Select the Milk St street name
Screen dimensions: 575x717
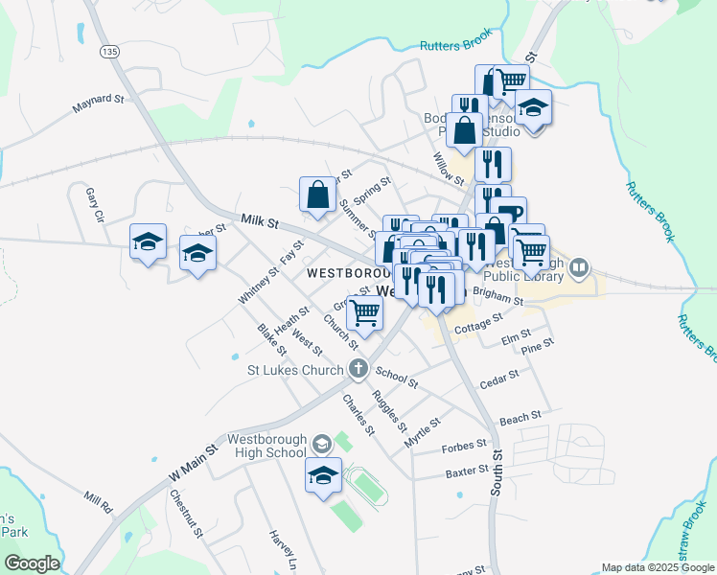pos(259,222)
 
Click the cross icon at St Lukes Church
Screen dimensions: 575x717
pos(358,368)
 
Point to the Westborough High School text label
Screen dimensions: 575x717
pos(266,446)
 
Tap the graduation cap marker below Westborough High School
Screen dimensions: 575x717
pos(324,474)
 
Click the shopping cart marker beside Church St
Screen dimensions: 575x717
pos(365,311)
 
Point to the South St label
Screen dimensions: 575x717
pos(497,470)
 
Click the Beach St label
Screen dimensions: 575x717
pos(520,418)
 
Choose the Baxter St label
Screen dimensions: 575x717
pos(468,473)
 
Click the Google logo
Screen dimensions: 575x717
pos(31,563)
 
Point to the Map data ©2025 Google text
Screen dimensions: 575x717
pos(658,567)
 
